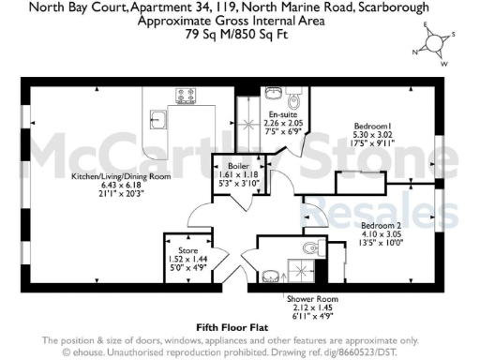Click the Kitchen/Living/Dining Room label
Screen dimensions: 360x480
[x=108, y=175]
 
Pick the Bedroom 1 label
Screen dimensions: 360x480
[x=372, y=126]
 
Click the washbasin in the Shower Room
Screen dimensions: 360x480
[x=269, y=276]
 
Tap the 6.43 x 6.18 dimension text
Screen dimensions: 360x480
[x=108, y=184]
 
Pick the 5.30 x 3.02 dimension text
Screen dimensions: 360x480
[x=372, y=134]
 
